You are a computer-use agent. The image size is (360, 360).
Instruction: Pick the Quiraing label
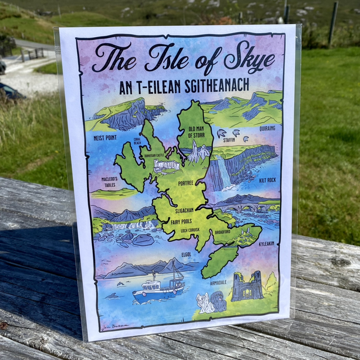tap(267, 128)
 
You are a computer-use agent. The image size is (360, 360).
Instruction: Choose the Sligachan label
tap(184, 210)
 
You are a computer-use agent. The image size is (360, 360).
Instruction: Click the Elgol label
tap(187, 254)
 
